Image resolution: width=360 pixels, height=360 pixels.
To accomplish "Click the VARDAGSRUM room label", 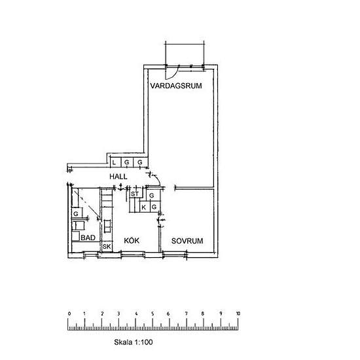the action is point(176,86).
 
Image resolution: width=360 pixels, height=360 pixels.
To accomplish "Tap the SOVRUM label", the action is point(187,241).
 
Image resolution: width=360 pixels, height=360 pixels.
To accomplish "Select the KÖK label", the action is point(132,241).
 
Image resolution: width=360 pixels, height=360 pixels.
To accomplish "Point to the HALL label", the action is point(118,177).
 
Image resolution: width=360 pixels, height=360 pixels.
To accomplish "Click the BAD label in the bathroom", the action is point(88,238).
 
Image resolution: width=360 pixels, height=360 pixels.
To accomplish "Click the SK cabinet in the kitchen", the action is point(107,247).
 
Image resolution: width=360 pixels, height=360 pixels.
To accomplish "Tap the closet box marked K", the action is point(145,207).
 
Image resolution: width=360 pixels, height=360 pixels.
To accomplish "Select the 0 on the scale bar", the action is point(69,314).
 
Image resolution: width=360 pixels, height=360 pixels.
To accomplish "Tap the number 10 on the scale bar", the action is point(238,314).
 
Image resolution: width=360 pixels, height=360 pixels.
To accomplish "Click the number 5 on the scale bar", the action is point(153,314).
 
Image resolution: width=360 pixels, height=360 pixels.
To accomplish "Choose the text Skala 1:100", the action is point(134,342).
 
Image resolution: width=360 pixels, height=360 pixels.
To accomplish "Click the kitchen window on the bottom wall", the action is point(133,255).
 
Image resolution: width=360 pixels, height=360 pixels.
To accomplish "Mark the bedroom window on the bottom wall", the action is point(175,255).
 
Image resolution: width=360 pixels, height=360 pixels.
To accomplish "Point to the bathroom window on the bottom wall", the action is point(91,255).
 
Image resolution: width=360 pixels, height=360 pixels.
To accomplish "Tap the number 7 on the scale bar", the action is point(186,314).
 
